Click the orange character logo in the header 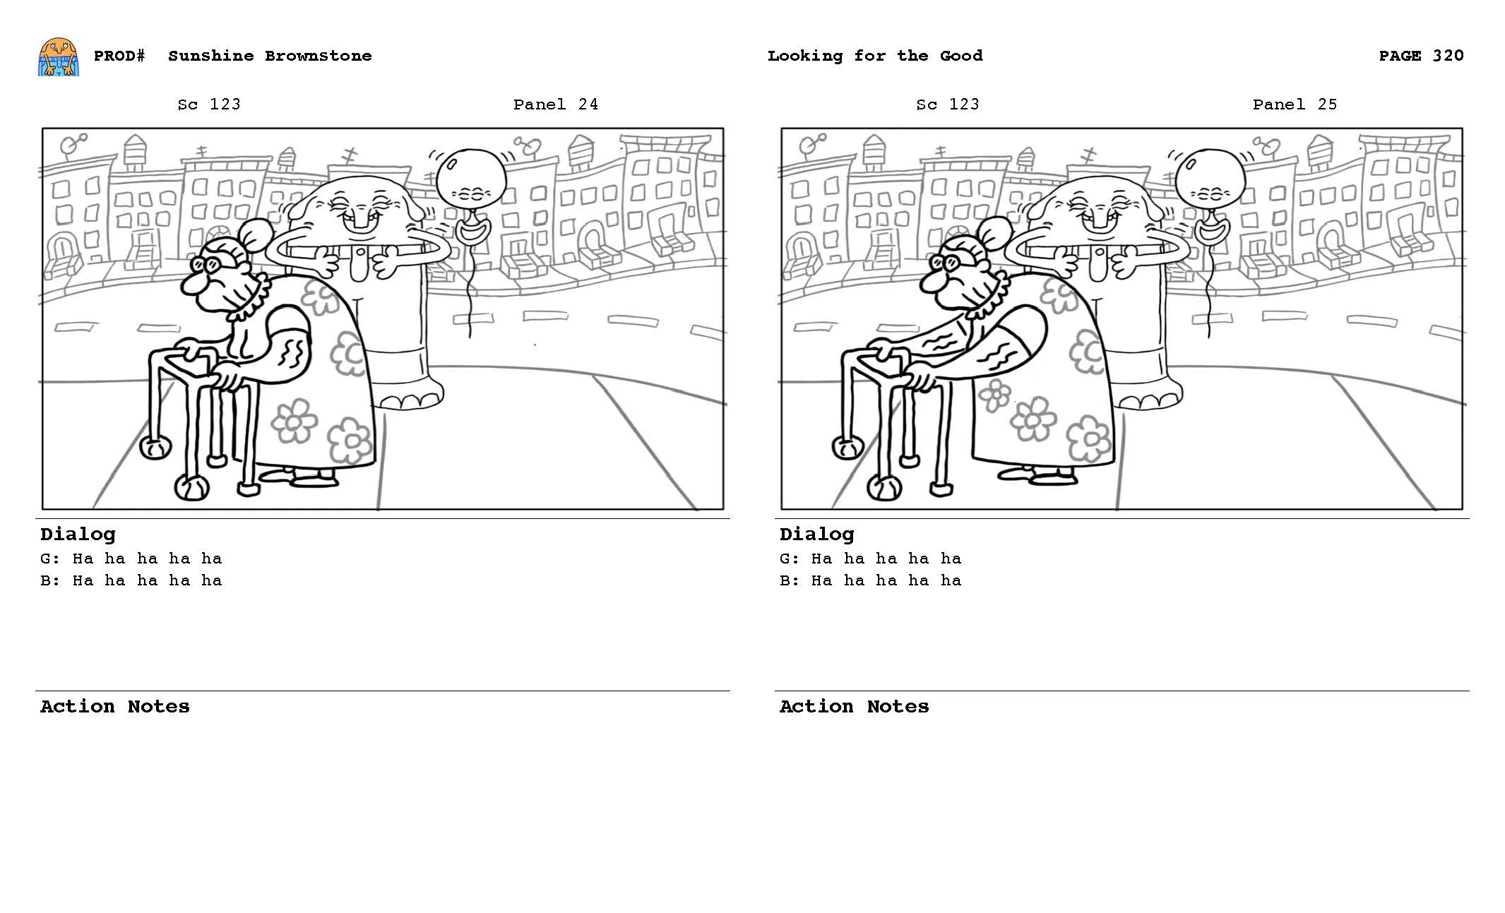(58, 56)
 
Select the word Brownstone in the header (318, 56)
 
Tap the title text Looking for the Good (874, 56)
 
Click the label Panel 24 (555, 105)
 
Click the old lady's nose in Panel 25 (929, 284)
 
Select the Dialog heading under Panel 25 (816, 535)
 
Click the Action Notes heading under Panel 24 (114, 707)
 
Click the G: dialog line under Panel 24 (131, 559)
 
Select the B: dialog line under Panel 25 (870, 580)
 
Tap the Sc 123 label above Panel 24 (208, 105)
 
